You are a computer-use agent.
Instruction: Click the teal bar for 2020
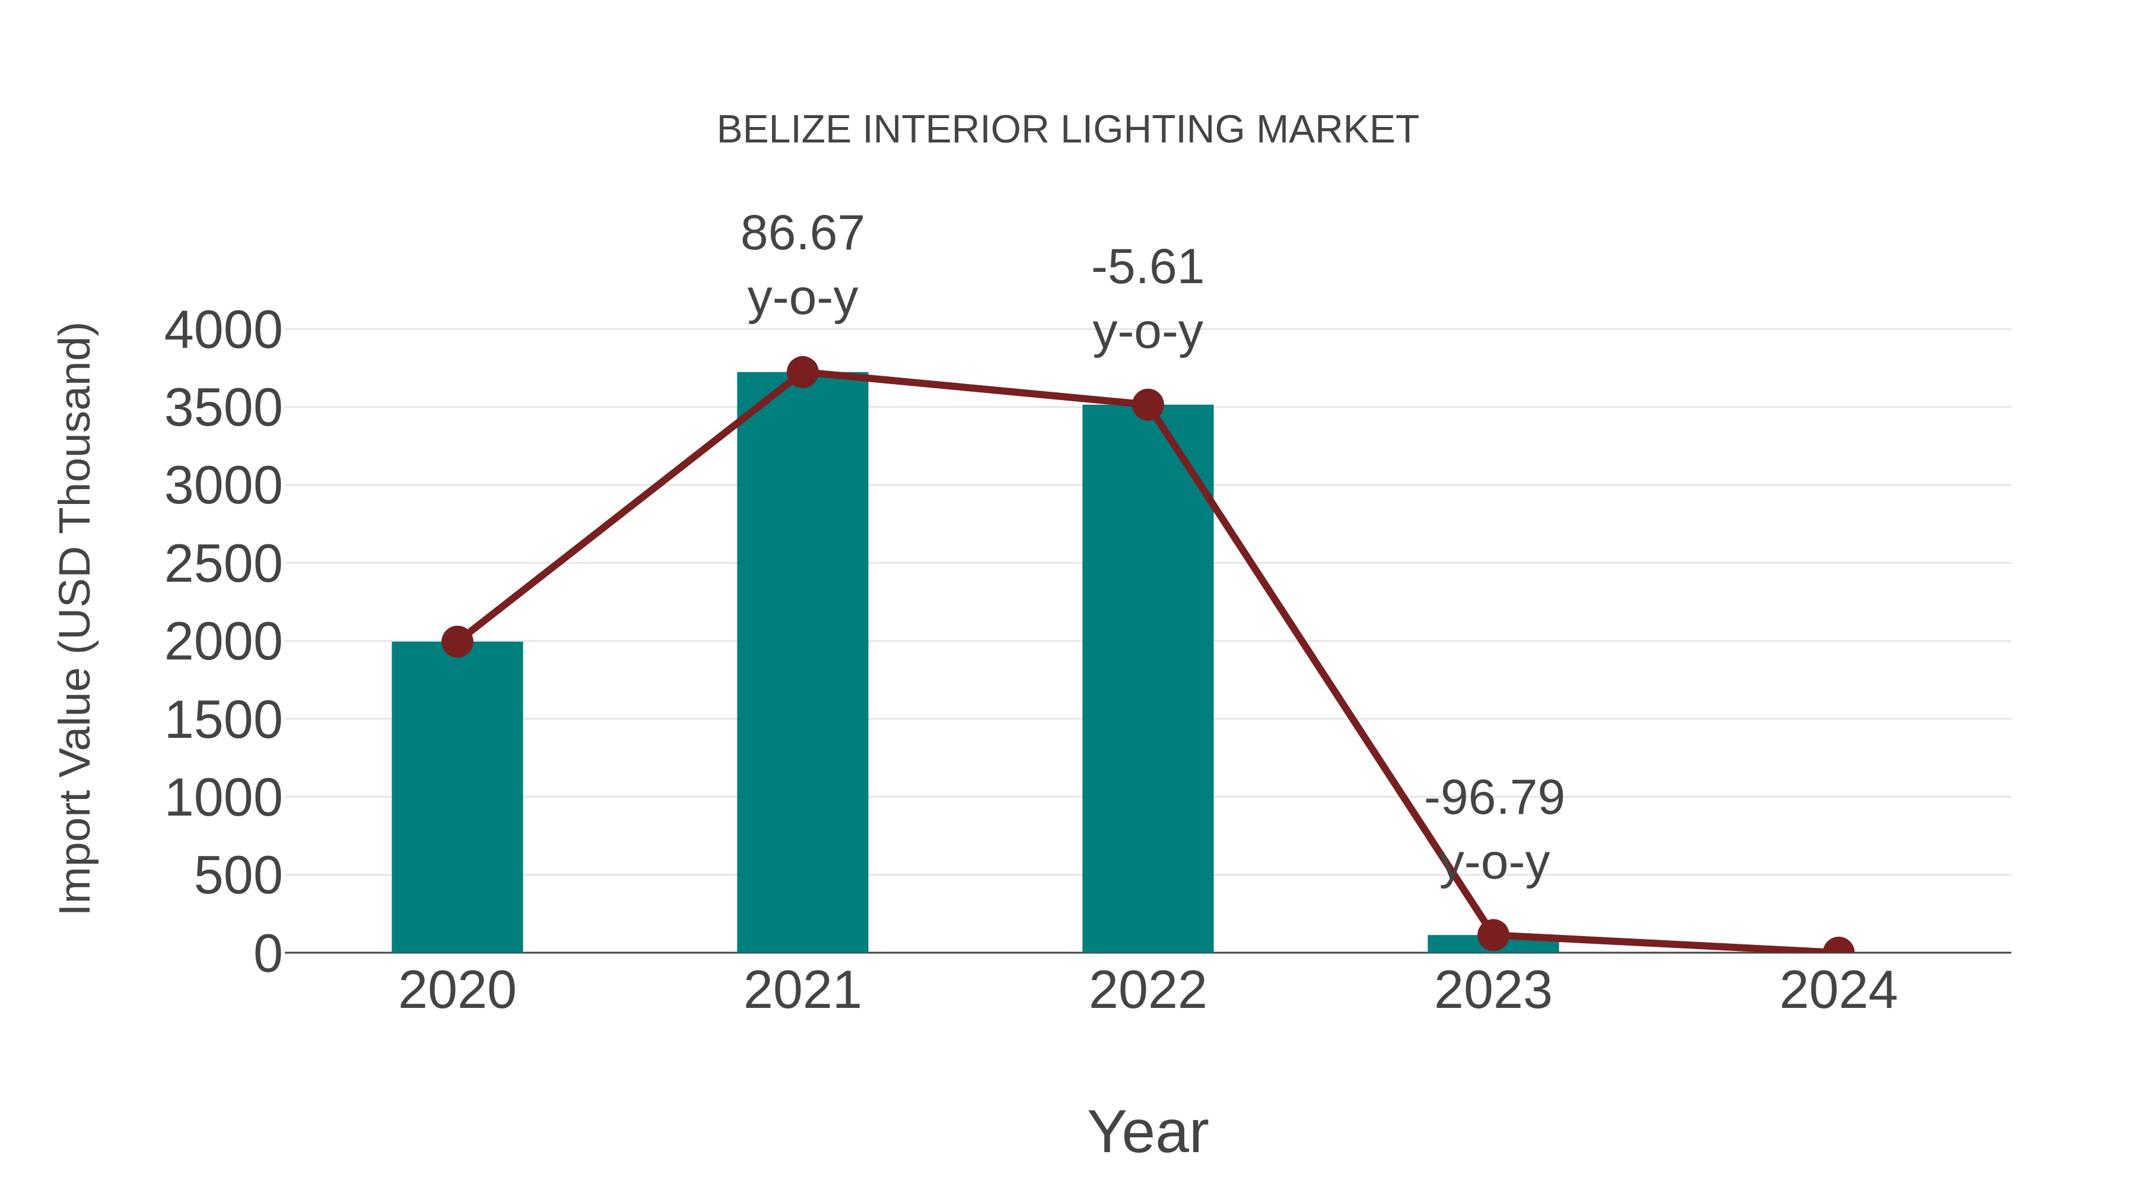coord(457,797)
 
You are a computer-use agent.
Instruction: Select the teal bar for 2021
coord(802,664)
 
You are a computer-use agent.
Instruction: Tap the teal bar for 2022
coord(1147,680)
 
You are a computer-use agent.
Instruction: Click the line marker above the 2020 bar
coord(457,641)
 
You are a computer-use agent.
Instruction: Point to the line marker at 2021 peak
coord(802,372)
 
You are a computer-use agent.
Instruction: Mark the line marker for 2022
coord(1147,405)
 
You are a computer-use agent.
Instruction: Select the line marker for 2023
coord(1493,935)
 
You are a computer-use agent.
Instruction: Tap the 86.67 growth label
coord(802,233)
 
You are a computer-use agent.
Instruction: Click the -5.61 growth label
coord(1147,268)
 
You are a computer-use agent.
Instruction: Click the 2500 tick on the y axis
coord(223,565)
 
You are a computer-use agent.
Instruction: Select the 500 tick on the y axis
coord(238,876)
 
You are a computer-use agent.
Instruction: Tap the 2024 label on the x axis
coord(1838,991)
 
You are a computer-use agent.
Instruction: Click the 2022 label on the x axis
coord(1147,991)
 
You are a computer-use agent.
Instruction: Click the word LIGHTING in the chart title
coord(1152,130)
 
